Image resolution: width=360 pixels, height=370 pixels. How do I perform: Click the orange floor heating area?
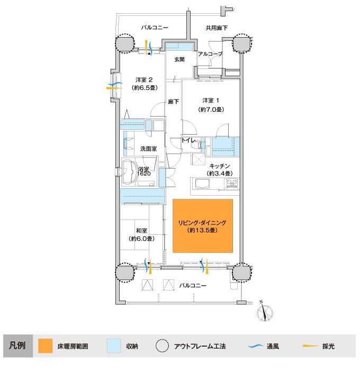click(203, 226)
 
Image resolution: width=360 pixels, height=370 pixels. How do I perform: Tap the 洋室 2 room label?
click(144, 80)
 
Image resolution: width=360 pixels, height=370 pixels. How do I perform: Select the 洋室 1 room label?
click(211, 101)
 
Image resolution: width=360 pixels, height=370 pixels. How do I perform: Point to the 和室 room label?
click(141, 231)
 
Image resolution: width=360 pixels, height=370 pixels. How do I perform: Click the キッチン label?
click(219, 166)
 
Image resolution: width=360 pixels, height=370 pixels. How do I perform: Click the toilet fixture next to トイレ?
click(197, 144)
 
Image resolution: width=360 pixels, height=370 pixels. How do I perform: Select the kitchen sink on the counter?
click(202, 184)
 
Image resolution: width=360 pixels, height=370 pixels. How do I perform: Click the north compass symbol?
click(265, 312)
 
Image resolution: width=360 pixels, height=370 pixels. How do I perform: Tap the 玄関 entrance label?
click(179, 59)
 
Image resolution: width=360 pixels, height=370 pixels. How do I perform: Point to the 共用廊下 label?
click(217, 28)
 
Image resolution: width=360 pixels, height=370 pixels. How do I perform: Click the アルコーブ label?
click(210, 54)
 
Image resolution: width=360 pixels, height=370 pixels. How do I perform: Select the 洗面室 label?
click(148, 148)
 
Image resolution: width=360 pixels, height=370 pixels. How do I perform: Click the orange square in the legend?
click(45, 346)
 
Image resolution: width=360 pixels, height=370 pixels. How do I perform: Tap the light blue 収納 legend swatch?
click(114, 346)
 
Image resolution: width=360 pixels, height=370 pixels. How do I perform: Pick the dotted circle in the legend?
click(163, 346)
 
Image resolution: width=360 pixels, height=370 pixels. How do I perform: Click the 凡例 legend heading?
click(17, 346)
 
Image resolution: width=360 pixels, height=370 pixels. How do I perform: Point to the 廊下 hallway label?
click(174, 102)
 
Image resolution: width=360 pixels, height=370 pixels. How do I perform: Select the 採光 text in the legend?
click(328, 346)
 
